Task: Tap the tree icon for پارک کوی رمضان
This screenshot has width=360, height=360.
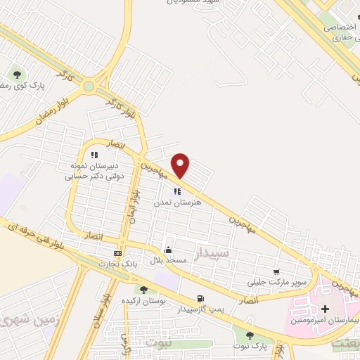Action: (x=17, y=72)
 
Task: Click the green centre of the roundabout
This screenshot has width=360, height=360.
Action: (x=89, y=86)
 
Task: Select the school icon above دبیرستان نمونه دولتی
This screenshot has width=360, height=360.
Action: (x=94, y=155)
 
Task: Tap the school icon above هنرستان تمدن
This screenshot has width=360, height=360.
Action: (x=177, y=191)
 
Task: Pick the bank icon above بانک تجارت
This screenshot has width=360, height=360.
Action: (x=117, y=253)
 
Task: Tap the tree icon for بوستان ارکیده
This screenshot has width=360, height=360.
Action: (x=143, y=290)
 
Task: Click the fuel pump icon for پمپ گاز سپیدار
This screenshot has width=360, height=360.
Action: (x=201, y=298)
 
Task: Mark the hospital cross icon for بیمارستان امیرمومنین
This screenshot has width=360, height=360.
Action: (x=325, y=309)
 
